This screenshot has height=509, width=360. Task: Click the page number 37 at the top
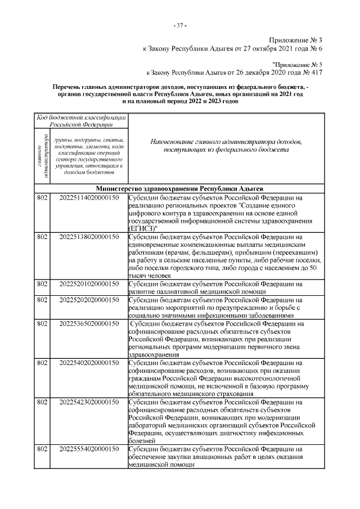click(180, 25)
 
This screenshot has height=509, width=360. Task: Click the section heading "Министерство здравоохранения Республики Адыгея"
click(180, 189)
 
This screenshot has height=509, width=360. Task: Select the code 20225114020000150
click(89, 198)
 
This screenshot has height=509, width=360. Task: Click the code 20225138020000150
click(89, 237)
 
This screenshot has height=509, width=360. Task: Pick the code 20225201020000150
click(89, 285)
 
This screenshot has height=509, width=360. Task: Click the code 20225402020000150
click(89, 363)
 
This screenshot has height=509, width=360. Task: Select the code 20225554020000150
click(89, 450)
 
